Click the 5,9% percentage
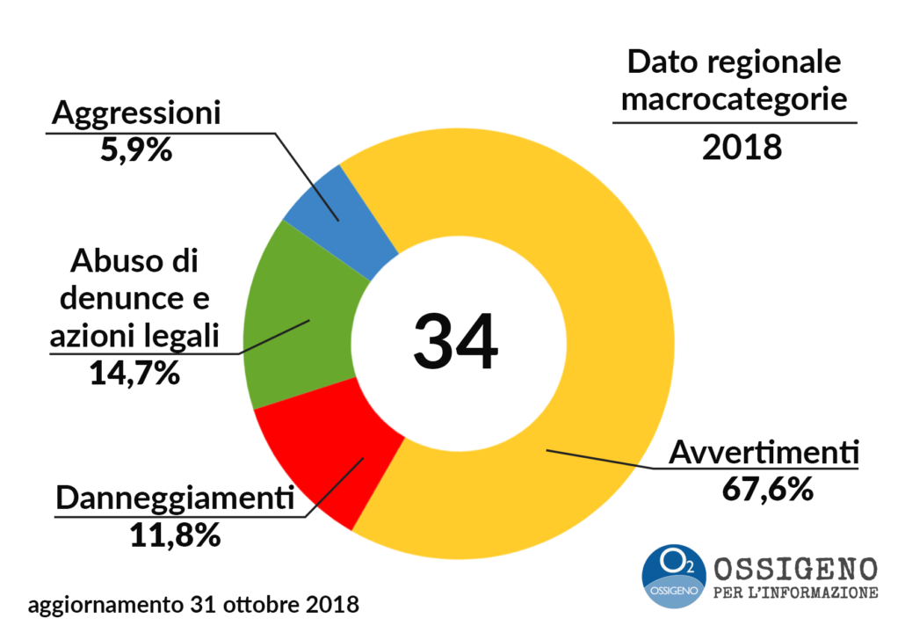[x=135, y=149]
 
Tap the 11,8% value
[x=174, y=535]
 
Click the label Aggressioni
[x=135, y=114]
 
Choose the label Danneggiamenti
[x=174, y=498]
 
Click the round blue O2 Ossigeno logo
[x=674, y=574]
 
